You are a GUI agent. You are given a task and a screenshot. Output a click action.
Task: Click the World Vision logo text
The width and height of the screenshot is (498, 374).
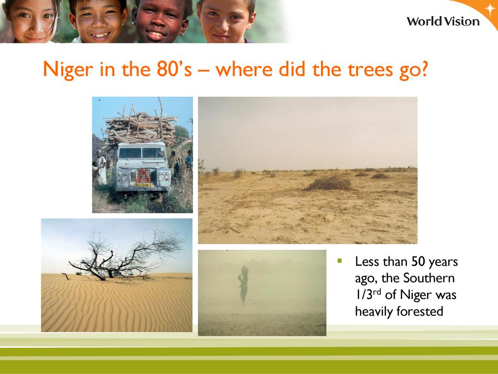[443, 21]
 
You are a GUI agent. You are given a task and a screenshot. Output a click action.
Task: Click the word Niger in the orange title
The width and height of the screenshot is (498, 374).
[68, 69]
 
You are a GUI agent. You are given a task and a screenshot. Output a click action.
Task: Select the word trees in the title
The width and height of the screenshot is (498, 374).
[370, 69]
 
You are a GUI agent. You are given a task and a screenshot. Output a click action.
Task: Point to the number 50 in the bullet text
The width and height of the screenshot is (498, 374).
[418, 262]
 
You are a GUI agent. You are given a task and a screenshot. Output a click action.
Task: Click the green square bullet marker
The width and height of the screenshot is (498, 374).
[340, 261]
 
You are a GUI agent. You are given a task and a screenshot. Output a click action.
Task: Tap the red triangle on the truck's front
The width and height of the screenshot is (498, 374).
[143, 176]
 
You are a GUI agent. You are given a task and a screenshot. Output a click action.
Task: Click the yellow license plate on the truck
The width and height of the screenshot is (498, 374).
[143, 185]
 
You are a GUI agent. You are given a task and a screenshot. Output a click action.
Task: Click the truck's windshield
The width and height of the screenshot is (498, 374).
[142, 153]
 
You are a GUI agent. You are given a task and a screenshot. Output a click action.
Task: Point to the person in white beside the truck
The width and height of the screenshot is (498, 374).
[101, 168]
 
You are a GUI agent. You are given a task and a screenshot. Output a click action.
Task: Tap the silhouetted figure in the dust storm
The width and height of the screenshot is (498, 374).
[244, 284]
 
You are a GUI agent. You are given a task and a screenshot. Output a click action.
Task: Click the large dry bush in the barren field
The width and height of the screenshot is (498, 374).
[329, 183]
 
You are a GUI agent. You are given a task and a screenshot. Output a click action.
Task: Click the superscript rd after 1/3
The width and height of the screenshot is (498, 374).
[377, 292]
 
